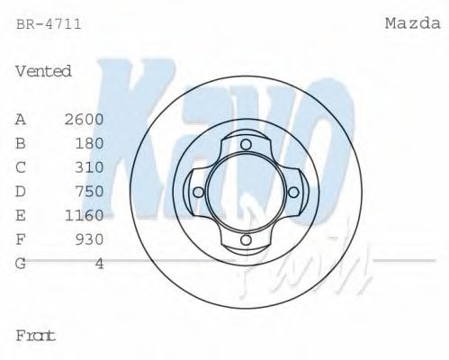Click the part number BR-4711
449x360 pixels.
tap(49, 24)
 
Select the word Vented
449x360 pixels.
tap(43, 71)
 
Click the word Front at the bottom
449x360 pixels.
tap(36, 336)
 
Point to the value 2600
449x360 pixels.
tap(85, 119)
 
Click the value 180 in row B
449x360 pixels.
tap(90, 143)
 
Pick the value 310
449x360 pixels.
tap(90, 167)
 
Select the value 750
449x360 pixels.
tap(90, 191)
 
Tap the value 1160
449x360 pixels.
tap(85, 215)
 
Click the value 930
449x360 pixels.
tap(90, 239)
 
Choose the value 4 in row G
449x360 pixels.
tap(100, 263)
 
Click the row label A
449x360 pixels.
tap(21, 119)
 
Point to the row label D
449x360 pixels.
tap(21, 191)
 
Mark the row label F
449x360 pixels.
tap(21, 239)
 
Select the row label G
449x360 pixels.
tap(21, 263)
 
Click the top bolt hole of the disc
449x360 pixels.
tap(245, 144)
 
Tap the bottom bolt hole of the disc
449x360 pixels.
tap(245, 240)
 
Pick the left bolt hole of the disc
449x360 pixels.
tap(197, 192)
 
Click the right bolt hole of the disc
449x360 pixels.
tap(292, 192)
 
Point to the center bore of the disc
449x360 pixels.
tap(245, 192)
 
